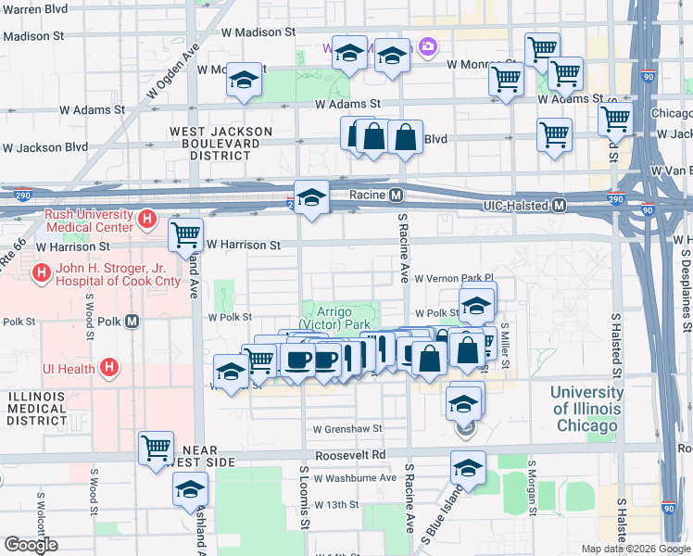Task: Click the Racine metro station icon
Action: (x=396, y=196)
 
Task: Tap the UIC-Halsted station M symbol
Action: (x=559, y=206)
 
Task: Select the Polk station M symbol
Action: (x=132, y=322)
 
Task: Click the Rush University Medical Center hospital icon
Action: (x=145, y=220)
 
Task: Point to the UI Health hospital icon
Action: (x=109, y=369)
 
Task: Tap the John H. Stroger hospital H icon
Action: (x=40, y=273)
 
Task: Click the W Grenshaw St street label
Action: (x=347, y=429)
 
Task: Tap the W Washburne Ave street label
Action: (x=354, y=478)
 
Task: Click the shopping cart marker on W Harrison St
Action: (x=185, y=235)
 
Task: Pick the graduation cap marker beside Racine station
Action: (x=311, y=197)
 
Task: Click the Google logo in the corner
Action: (x=31, y=545)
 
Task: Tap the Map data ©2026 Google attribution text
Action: (x=636, y=549)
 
